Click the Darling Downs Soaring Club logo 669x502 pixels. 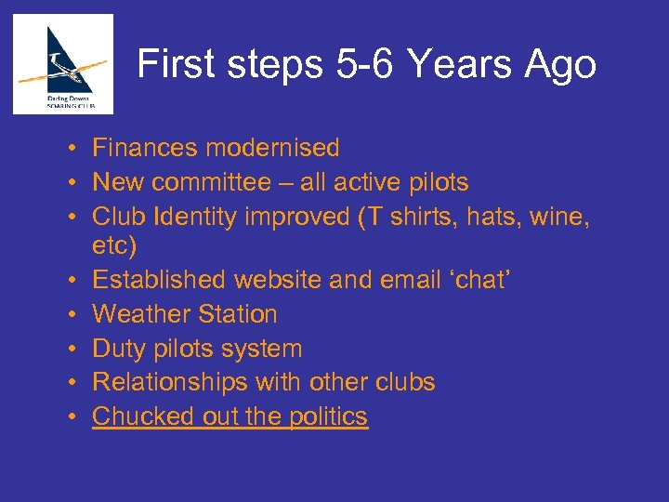point(63,63)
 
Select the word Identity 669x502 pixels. point(203,216)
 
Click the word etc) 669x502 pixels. point(114,246)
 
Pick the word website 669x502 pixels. point(281,280)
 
